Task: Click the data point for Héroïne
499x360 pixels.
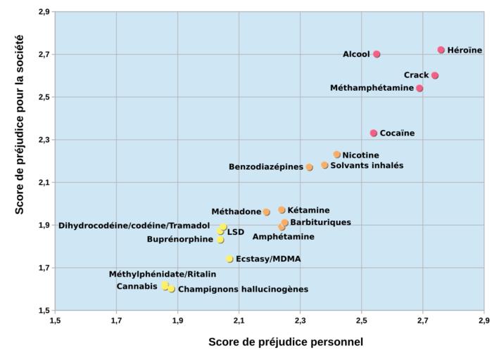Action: point(441,50)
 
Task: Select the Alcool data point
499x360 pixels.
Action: point(377,54)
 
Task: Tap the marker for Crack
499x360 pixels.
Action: point(435,75)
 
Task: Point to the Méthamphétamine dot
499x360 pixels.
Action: point(419,89)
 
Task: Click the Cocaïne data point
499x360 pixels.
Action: point(374,133)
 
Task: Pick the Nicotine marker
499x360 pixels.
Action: point(337,155)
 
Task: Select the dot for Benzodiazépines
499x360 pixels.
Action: point(309,167)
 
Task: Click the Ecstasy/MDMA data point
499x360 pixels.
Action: point(229,259)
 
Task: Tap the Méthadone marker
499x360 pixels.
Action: point(267,212)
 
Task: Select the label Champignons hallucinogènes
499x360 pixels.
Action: point(243,289)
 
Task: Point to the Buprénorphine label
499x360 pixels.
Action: point(179,240)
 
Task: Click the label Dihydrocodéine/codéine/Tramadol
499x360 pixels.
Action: point(134,226)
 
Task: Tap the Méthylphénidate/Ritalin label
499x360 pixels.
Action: point(162,274)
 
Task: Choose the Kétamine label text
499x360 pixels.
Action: point(308,210)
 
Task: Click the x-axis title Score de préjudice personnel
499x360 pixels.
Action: point(286,342)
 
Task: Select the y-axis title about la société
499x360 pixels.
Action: point(20,124)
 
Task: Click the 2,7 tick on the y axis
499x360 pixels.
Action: point(42,54)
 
